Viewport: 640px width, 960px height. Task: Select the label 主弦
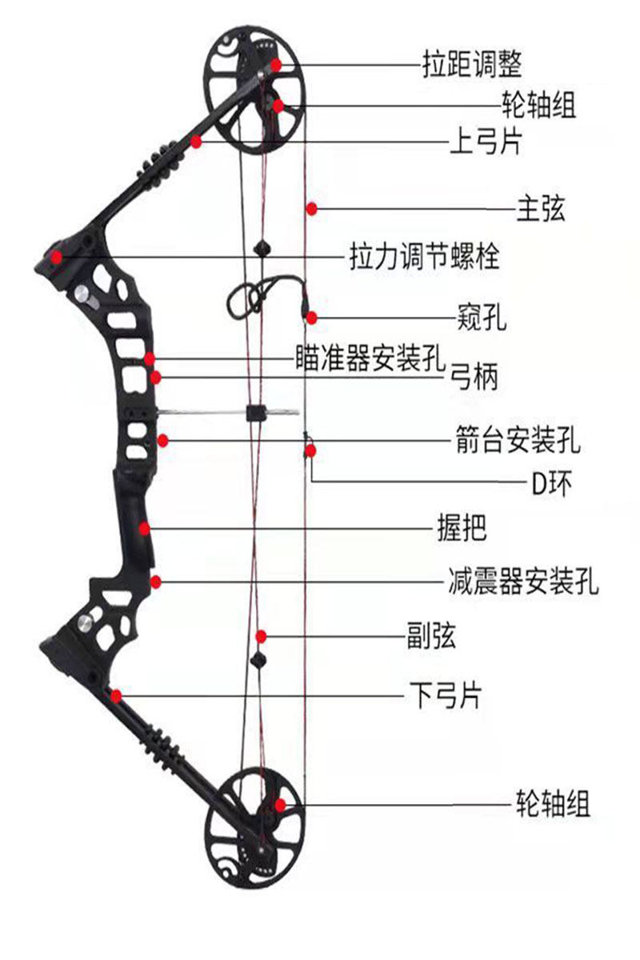541,209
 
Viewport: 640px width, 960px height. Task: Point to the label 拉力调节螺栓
425,257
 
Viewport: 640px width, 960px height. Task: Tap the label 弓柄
475,376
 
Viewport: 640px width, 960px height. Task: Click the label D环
552,482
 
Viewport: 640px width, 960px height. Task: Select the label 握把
462,528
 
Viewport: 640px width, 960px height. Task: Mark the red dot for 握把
144,528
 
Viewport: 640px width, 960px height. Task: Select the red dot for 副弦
261,637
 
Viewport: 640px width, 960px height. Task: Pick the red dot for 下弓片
117,695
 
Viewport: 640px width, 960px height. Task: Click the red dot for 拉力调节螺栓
57,257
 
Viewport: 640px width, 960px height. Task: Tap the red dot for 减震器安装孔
157,582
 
